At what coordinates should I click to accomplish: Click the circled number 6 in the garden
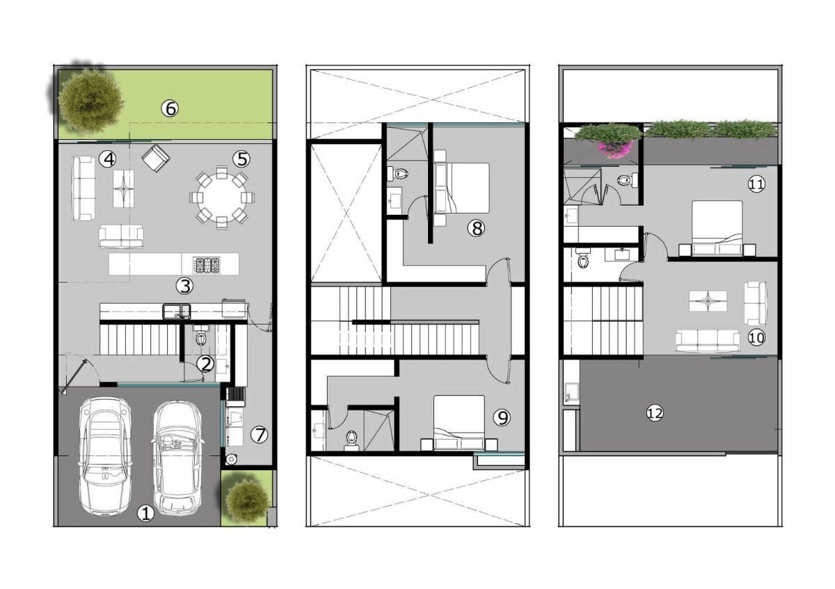tap(170, 108)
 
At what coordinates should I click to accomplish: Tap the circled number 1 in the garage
tap(145, 514)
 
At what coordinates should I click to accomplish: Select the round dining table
tap(222, 197)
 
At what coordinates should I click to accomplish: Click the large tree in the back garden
tap(90, 101)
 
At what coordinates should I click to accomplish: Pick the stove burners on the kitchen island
tap(207, 264)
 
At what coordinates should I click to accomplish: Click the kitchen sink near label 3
tap(176, 312)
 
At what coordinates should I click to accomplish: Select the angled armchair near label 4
tap(156, 159)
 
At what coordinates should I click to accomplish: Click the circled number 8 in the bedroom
tap(477, 228)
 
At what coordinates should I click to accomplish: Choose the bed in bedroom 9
tap(459, 423)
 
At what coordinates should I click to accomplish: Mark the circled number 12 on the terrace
tap(655, 413)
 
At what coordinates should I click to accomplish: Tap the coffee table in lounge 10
tap(708, 301)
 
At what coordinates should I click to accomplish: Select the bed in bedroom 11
tap(717, 228)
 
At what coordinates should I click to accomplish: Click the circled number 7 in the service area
tap(259, 435)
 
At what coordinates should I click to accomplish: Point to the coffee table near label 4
tap(123, 188)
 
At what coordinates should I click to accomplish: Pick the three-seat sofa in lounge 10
tap(707, 341)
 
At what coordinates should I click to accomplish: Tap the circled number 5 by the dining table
tap(241, 159)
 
